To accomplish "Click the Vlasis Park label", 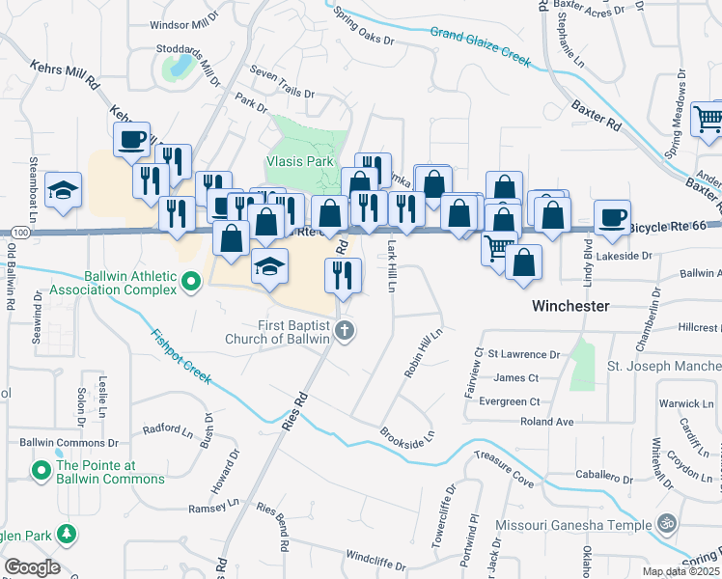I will (299, 162).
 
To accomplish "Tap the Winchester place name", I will (570, 305).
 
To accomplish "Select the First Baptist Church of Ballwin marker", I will (347, 332).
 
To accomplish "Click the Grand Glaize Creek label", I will (481, 47).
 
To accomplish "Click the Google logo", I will (32, 567).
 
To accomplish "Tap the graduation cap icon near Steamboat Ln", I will (63, 190).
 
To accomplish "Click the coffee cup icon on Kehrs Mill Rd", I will (131, 139).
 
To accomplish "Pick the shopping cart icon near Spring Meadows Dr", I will (708, 119).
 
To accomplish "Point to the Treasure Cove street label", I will (504, 467).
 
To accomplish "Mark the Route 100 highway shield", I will (20, 233).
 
